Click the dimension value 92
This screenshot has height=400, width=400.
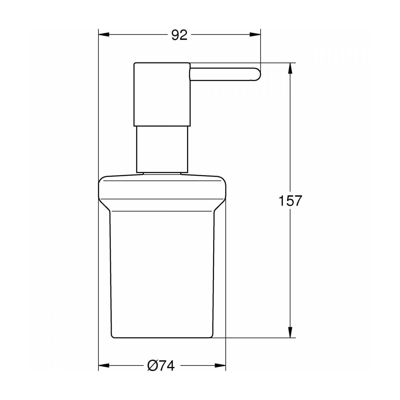click(179, 35)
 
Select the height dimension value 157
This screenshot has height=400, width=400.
click(290, 201)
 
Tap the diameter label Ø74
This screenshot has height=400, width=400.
click(161, 365)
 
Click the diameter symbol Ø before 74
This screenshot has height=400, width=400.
click(153, 365)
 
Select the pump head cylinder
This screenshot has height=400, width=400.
click(162, 94)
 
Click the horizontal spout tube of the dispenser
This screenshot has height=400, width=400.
click(223, 74)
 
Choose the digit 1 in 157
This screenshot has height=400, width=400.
click(281, 201)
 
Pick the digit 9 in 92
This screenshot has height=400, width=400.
click(175, 35)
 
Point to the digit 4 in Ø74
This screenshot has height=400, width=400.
click(170, 365)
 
